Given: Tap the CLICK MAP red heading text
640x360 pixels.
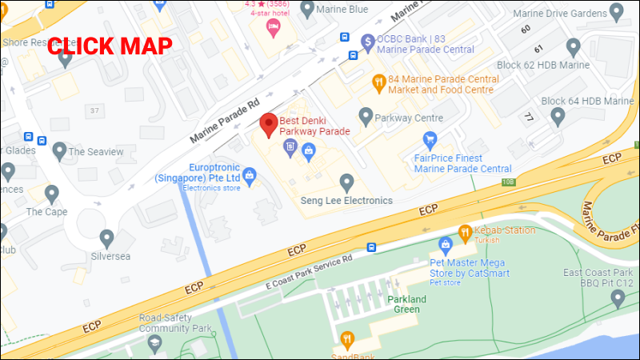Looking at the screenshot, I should click(110, 46).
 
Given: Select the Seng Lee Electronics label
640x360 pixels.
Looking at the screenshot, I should click(346, 200).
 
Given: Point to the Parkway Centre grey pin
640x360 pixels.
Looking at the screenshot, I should click(366, 117).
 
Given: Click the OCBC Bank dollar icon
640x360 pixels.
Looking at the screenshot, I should click(367, 40).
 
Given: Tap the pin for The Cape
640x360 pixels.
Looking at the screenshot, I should click(52, 193).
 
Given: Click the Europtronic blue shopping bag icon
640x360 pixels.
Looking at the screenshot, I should click(250, 175).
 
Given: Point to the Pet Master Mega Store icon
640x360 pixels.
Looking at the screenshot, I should click(446, 244).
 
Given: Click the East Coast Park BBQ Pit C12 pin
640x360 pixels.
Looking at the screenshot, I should click(617, 298).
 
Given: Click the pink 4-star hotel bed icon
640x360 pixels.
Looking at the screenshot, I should click(273, 28).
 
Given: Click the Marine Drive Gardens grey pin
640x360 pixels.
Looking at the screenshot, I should click(616, 12).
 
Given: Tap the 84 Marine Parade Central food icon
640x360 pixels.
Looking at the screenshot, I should click(378, 80).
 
